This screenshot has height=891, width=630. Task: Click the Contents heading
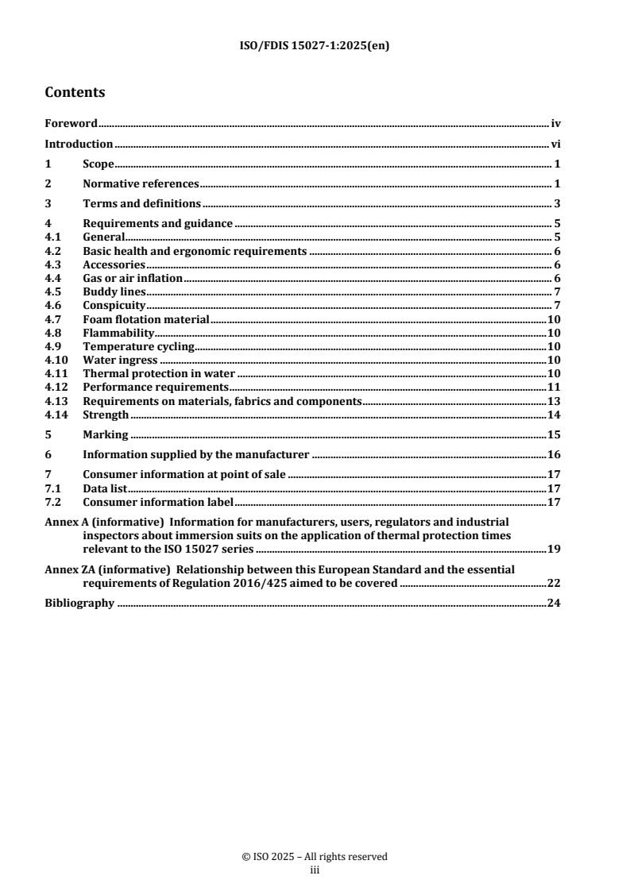pos(75,92)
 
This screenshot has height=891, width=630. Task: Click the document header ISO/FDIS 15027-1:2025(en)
pos(315,46)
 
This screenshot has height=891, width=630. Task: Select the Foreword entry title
pos(71,124)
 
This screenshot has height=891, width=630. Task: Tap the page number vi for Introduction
pos(556,145)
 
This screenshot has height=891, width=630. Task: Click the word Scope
pos(99,164)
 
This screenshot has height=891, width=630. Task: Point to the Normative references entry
pos(141,184)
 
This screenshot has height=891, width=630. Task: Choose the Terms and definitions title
pos(141,204)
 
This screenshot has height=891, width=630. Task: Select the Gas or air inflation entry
pos(133,278)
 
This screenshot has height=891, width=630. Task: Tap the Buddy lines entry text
pos(114,291)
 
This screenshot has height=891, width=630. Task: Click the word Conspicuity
pos(114,305)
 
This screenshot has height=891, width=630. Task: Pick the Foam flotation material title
pos(145,319)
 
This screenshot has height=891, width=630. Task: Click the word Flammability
pos(118,333)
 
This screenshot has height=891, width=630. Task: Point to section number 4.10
pos(56,360)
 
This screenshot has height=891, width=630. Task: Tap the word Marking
pos(106,435)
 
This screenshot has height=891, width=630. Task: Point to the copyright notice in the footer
pos(315,857)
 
